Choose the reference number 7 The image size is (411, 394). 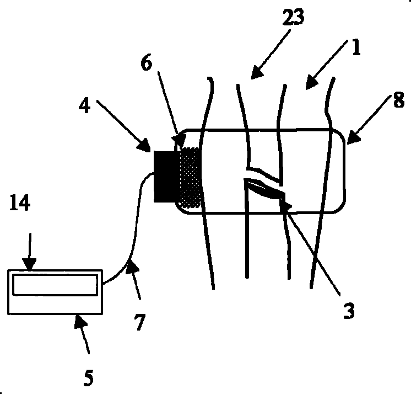coord(139,322)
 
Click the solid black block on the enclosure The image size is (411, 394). coord(164,175)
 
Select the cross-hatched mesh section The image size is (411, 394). coord(190,177)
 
